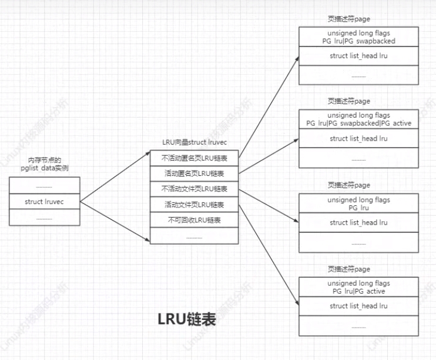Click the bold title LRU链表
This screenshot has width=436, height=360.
[x=187, y=319]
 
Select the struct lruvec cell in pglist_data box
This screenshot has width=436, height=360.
[x=44, y=202]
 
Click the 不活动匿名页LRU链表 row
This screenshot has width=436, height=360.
[x=194, y=158]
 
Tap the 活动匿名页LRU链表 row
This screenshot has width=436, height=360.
[x=194, y=174]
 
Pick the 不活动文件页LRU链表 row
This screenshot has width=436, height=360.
[x=194, y=189]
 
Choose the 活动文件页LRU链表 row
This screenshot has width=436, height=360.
[x=194, y=205]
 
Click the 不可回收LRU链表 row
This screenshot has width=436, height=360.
[x=194, y=220]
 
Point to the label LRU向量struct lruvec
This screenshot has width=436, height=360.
[x=194, y=143]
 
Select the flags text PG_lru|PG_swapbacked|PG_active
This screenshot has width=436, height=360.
[x=358, y=124]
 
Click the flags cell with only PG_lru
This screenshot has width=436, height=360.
[x=358, y=204]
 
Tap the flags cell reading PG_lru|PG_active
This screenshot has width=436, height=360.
[x=358, y=287]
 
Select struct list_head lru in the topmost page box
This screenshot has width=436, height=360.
[x=358, y=55]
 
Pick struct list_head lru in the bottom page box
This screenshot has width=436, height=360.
[x=358, y=306]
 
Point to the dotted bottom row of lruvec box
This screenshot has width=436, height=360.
[x=194, y=236]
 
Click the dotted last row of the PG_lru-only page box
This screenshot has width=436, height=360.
[x=358, y=242]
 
